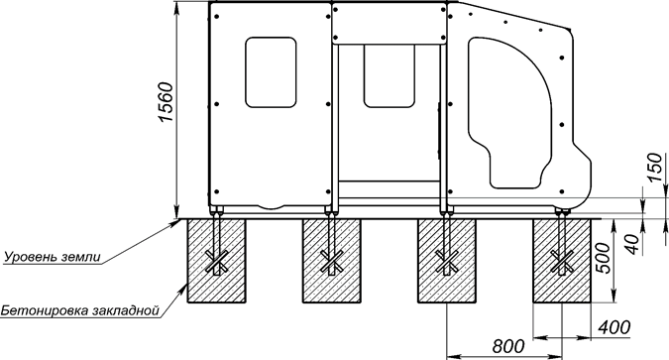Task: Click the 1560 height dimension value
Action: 166,102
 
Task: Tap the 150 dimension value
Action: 655,167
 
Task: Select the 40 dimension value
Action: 634,244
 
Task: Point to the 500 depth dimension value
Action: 603,258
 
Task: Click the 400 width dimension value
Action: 613,327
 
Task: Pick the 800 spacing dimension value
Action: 508,346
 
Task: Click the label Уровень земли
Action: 53,257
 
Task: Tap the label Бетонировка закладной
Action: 79,310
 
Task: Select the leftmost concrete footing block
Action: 217,261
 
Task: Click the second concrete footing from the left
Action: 331,261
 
